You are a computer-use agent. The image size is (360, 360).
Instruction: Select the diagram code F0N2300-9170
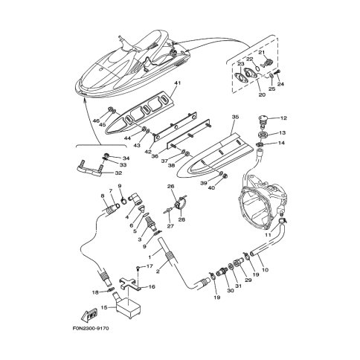[91, 329]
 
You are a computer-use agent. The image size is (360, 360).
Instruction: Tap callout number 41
[177, 83]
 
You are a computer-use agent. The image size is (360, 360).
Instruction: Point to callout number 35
[235, 117]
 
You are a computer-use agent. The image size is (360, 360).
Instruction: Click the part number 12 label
[283, 118]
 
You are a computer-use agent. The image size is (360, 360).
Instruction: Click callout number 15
[104, 308]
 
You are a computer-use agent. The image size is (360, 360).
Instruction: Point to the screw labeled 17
[139, 268]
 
